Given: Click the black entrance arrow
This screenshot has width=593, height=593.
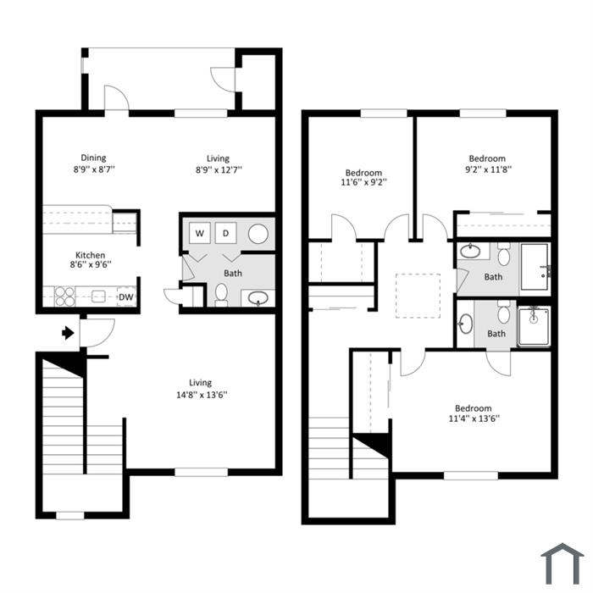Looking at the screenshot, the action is click(x=68, y=333).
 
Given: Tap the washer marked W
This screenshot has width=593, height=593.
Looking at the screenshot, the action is click(x=200, y=233).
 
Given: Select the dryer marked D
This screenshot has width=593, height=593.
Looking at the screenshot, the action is click(x=226, y=233).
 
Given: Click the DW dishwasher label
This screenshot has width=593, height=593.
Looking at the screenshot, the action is click(x=126, y=297).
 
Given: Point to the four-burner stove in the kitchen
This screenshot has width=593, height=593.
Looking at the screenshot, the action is click(x=64, y=296).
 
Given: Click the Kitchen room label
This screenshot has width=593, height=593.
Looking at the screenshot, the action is click(x=91, y=255).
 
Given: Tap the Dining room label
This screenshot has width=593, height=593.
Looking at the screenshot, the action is click(x=93, y=158).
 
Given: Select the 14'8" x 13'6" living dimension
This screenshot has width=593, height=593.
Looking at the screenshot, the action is click(x=202, y=396).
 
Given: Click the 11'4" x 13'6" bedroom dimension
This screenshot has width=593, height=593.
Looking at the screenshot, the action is click(x=474, y=418).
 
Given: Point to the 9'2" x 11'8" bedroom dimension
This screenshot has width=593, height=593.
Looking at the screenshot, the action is click(x=488, y=169).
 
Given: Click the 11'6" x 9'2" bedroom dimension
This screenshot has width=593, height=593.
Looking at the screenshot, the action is click(x=363, y=182).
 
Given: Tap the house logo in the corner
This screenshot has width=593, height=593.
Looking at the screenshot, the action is click(x=562, y=563).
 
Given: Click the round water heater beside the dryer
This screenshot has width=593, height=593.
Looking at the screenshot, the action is click(x=258, y=234).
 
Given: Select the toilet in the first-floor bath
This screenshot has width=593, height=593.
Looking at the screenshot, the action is click(x=221, y=295).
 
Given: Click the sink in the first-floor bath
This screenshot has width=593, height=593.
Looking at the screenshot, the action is click(x=258, y=298).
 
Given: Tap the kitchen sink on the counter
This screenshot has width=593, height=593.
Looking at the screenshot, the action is click(x=98, y=296).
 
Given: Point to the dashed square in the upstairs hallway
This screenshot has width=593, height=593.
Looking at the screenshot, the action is click(x=418, y=296).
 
